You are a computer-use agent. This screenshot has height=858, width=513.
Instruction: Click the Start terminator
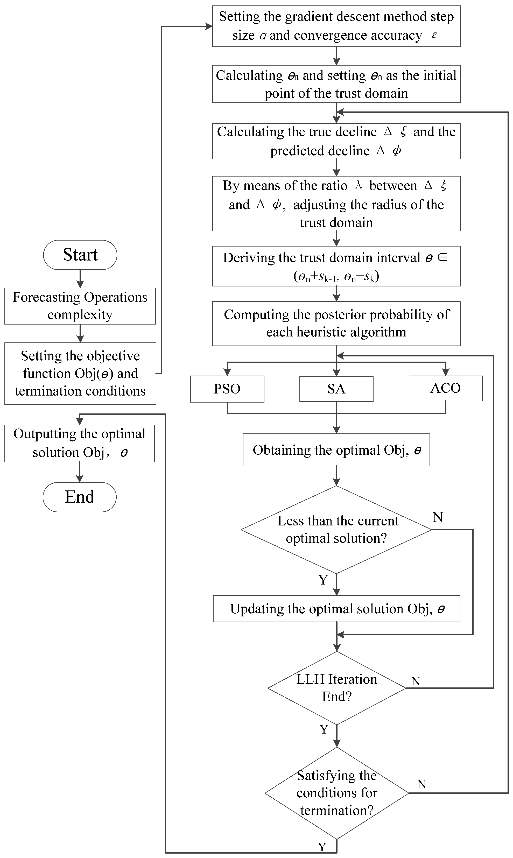(x=80, y=255)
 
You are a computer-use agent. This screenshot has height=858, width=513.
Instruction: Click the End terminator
(x=80, y=497)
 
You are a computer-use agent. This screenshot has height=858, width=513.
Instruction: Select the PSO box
(x=227, y=389)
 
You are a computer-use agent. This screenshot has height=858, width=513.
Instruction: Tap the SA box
(x=336, y=389)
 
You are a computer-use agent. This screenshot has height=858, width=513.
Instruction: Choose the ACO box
(x=445, y=388)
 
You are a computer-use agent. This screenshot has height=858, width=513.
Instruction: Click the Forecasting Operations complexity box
(x=80, y=306)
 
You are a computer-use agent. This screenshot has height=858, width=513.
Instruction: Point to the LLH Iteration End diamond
(x=336, y=688)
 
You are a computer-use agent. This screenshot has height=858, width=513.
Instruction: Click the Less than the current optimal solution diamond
(x=336, y=530)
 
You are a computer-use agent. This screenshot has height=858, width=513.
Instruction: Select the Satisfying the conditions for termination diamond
(x=336, y=793)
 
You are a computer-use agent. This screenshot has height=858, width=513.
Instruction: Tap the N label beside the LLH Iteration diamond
(x=416, y=681)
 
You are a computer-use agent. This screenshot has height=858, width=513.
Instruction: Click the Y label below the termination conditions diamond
(x=322, y=847)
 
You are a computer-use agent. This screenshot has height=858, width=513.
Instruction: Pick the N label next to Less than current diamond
(x=438, y=517)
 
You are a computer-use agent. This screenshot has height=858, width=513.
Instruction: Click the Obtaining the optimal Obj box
(x=336, y=450)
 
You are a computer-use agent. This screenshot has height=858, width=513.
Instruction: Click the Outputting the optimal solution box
(x=80, y=443)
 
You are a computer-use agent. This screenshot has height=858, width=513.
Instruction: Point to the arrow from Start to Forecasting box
(x=80, y=279)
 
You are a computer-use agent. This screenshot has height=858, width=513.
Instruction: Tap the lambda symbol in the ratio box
(x=359, y=185)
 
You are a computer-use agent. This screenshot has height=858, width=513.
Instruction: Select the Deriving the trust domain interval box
(x=336, y=266)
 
